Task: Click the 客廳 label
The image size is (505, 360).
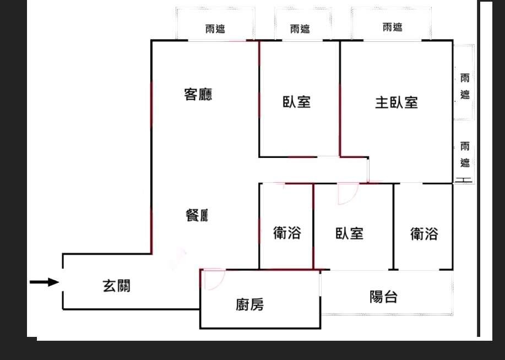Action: tap(198, 94)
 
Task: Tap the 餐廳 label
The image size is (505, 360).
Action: tap(197, 215)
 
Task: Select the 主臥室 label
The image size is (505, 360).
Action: tap(397, 103)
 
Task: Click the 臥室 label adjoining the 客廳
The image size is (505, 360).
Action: tap(297, 102)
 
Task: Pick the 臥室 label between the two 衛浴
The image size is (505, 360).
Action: tap(350, 233)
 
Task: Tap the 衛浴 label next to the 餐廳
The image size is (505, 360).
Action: tap(287, 232)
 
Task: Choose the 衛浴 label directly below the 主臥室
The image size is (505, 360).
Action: tap(424, 234)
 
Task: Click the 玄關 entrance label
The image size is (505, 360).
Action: tap(117, 286)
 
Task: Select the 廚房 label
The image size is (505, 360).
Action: tap(249, 304)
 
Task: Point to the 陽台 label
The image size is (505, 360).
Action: tap(383, 297)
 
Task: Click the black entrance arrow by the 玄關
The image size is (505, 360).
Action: tap(45, 282)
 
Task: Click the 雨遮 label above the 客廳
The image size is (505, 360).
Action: tap(215, 29)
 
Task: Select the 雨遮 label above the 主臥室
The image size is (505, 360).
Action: tap(393, 27)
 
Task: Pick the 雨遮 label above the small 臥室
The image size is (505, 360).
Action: tap(300, 29)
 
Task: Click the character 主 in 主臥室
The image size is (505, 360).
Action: tap(382, 103)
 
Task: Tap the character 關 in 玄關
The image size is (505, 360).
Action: tap(124, 286)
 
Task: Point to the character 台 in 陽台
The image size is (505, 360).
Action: tap(390, 297)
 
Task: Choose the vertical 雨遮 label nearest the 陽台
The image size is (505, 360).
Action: tap(465, 155)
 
